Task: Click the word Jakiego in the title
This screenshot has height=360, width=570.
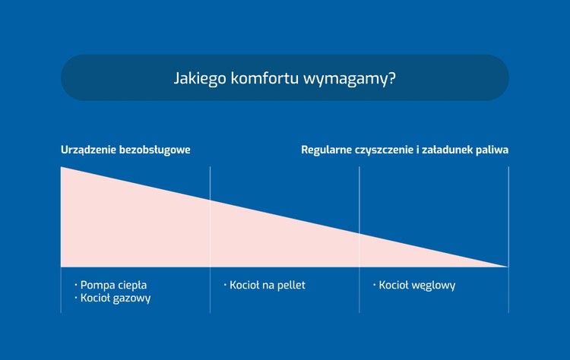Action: (x=200, y=78)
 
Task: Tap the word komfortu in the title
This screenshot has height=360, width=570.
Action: (x=264, y=78)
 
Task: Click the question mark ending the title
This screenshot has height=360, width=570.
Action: (x=392, y=78)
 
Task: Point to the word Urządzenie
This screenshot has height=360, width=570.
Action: (x=88, y=150)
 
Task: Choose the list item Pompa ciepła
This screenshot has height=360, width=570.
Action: (x=113, y=286)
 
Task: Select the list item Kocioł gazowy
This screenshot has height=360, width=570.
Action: (x=116, y=298)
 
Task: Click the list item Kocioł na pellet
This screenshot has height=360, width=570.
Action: (x=268, y=285)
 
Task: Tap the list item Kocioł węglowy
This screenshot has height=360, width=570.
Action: (x=417, y=286)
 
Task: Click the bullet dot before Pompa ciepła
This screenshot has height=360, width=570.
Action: (x=76, y=285)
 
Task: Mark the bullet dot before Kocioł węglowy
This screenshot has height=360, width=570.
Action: (x=375, y=285)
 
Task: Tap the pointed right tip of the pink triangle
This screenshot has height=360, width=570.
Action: (x=508, y=267)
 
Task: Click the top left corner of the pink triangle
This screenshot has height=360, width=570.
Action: (x=61, y=167)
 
